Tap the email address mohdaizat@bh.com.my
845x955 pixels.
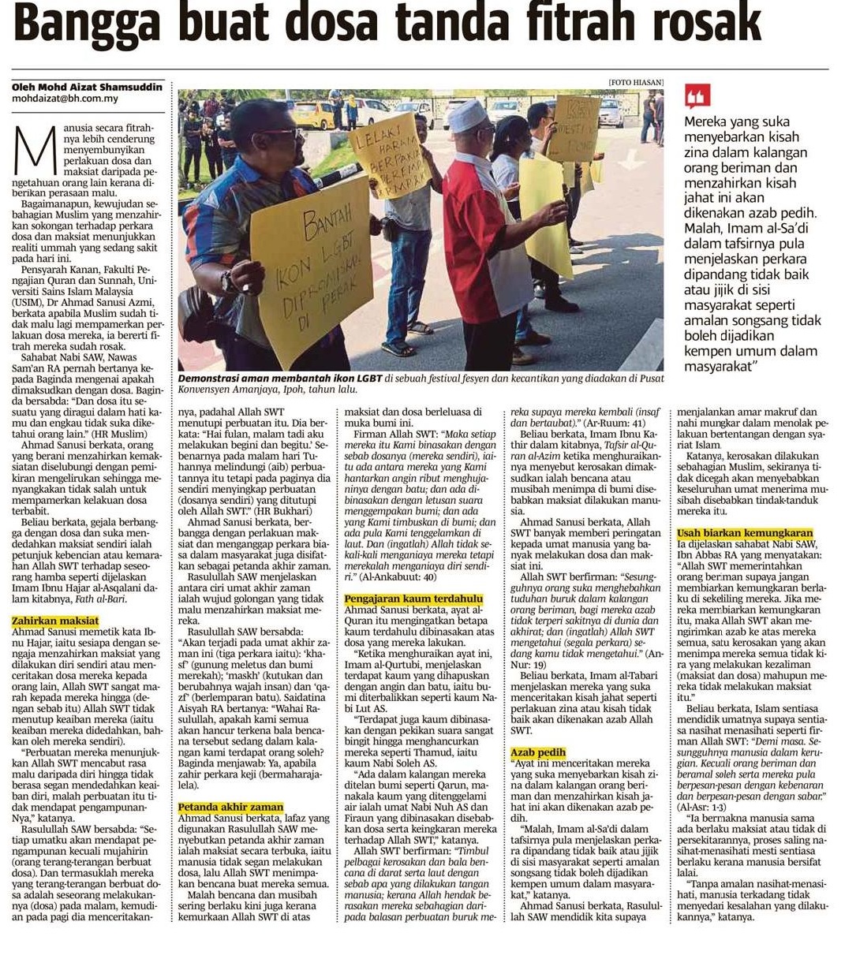[x=65, y=99]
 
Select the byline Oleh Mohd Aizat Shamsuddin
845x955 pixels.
[x=87, y=86]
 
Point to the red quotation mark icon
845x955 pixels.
[x=697, y=95]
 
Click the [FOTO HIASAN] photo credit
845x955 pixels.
[x=635, y=83]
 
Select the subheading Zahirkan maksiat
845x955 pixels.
[x=55, y=621]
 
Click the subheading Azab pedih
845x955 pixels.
[x=538, y=752]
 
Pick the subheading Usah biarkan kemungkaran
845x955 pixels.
[x=734, y=534]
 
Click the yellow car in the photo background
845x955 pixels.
[x=313, y=115]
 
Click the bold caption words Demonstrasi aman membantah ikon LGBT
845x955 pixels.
[x=280, y=379]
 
